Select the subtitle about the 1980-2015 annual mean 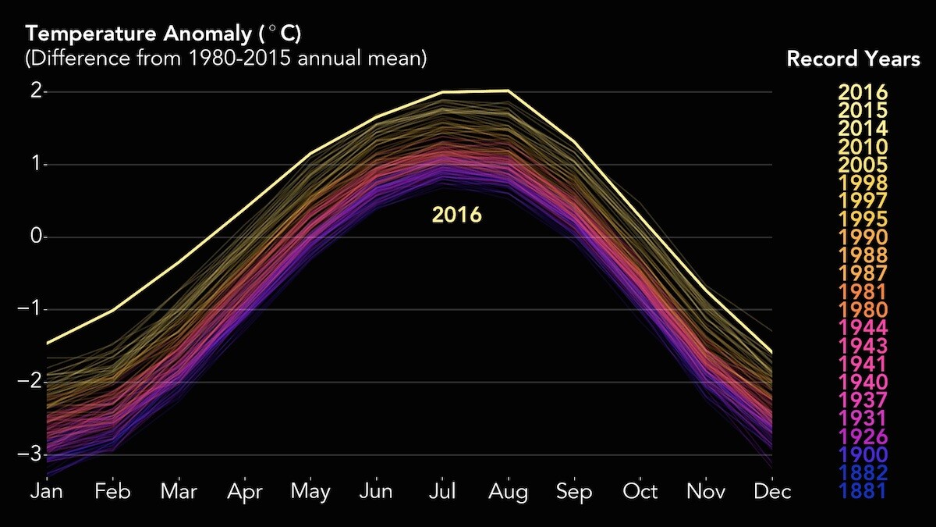227,59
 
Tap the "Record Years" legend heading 853,59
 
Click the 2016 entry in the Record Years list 863,92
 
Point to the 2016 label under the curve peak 457,215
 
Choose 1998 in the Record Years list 863,183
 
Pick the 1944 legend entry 863,328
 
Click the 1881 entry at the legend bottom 863,491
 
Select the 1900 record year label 863,454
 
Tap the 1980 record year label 863,310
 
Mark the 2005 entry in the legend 863,165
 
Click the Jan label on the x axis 46,492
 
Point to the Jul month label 442,492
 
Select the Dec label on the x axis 772,492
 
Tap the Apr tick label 244,492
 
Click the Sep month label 574,492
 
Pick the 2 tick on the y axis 36,91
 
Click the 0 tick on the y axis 36,237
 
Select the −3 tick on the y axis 31,454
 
